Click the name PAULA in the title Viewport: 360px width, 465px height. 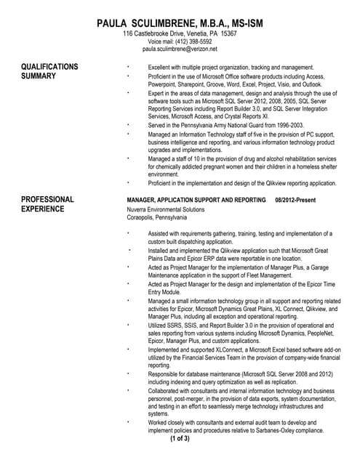pyautogui.click(x=118, y=24)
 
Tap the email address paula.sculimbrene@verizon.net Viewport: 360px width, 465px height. pyautogui.click(x=180, y=49)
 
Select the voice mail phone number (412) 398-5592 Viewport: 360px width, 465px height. pyautogui.click(x=194, y=41)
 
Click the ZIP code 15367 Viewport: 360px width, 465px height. pyautogui.click(x=228, y=33)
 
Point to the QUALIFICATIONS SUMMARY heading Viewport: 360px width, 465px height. pyautogui.click(x=49, y=71)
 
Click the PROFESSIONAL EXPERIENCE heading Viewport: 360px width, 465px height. pyautogui.click(x=47, y=204)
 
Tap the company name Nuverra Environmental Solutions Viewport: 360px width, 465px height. pyautogui.click(x=166, y=209)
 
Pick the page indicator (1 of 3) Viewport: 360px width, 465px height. pyautogui.click(x=180, y=438)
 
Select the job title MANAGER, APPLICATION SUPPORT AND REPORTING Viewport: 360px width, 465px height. pyautogui.click(x=196, y=200)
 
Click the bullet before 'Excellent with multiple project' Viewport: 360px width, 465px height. pyautogui.click(x=128, y=65)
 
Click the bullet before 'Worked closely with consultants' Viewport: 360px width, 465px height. pyautogui.click(x=128, y=421)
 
